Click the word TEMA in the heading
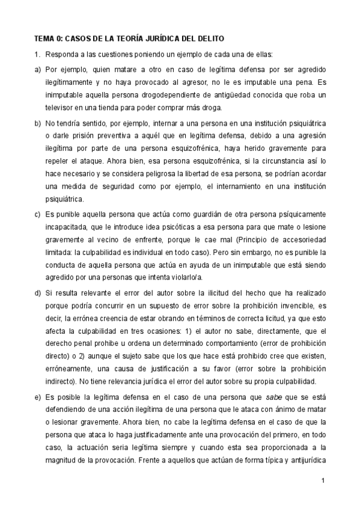pos(44,37)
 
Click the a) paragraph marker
pos(37,69)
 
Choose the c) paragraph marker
pos(37,214)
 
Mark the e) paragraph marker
pos(37,398)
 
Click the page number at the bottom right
pos(323,481)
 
